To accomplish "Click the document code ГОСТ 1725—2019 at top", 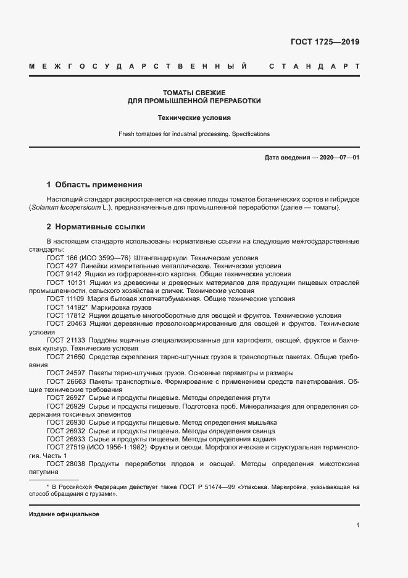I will pyautogui.click(x=325, y=42).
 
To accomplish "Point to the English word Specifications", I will pyautogui.click(x=251, y=134).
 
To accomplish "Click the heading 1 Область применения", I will pyautogui.click(x=94, y=184).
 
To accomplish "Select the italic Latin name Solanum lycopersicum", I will pyautogui.click(x=60, y=208).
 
